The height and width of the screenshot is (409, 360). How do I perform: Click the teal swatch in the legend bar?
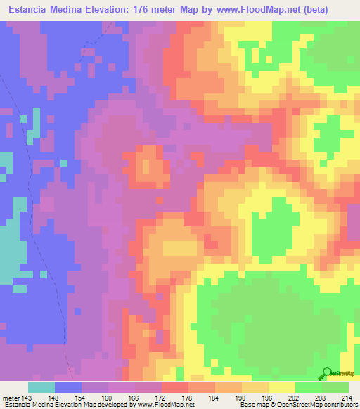point(41,387)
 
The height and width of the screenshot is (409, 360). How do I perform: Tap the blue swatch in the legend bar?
point(68,387)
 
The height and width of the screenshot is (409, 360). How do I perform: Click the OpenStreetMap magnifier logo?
point(327,374)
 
